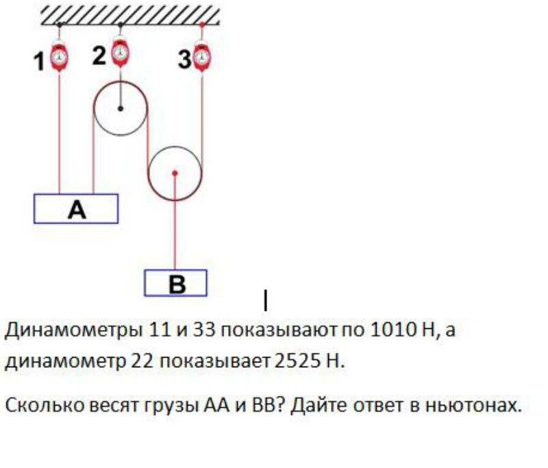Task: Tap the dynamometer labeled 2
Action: coord(121,51)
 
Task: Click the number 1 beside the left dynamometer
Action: coord(40,62)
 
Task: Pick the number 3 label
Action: coord(183,60)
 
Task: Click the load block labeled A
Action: coord(76,209)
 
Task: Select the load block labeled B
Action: coord(175,283)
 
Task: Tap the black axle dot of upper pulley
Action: coord(121,108)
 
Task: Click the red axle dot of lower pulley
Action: coord(175,173)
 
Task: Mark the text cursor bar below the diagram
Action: coord(266,299)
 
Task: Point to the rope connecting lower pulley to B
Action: coord(175,226)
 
